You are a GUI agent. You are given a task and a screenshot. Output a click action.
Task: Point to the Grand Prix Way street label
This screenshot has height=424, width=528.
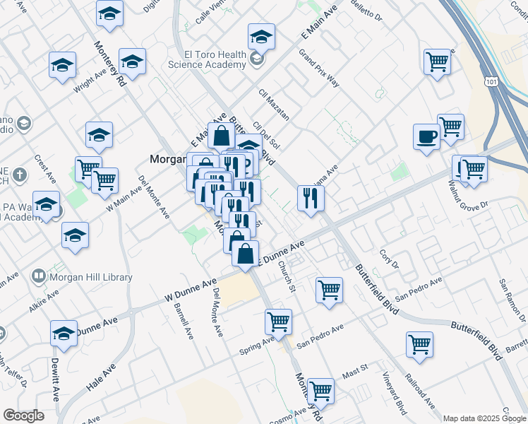pos(319,69)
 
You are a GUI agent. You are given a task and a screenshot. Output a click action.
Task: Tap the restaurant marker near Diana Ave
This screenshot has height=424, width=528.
pos(310,198)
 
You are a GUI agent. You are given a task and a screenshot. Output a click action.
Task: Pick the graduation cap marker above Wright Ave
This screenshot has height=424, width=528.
pos(63,65)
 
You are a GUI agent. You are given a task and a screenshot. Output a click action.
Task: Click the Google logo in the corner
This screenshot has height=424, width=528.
pos(23,415)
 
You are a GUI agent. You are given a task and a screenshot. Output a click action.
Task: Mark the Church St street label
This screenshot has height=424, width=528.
pos(285,276)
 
